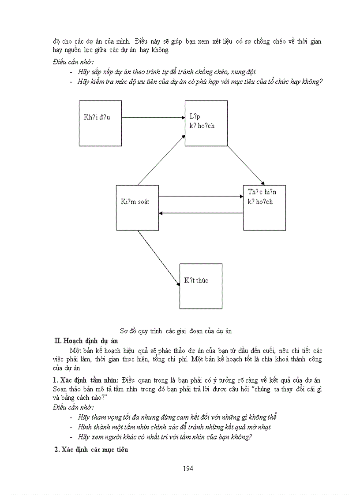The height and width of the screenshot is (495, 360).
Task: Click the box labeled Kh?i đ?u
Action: click(100, 123)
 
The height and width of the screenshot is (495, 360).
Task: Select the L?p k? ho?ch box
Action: click(206, 123)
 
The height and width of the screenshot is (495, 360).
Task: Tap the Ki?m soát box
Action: click(137, 207)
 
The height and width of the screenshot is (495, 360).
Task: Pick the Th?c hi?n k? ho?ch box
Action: click(264, 207)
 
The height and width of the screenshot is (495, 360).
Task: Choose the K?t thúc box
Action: click(200, 286)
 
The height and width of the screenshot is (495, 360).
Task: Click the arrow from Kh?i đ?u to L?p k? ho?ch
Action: click(153, 117)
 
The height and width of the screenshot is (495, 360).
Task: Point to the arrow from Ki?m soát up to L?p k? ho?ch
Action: click(161, 160)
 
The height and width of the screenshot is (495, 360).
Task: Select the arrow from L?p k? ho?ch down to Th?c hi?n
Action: click(246, 165)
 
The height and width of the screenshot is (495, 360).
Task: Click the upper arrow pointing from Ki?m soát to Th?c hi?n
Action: click(200, 196)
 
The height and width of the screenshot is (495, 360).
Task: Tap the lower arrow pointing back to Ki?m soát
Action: click(201, 213)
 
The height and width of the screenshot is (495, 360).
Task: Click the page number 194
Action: click(187, 469)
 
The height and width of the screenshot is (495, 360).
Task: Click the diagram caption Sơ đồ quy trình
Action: click(176, 330)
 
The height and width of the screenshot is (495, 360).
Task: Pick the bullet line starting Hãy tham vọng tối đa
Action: click(177, 417)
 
